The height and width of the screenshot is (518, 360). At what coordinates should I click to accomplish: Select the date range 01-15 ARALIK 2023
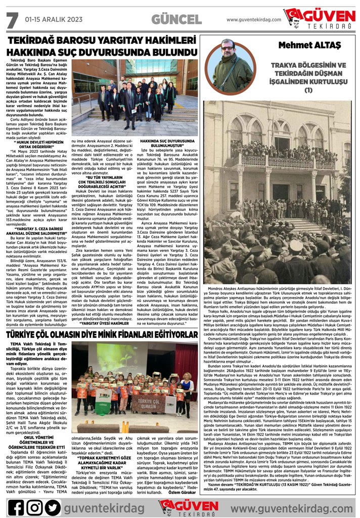(54, 19)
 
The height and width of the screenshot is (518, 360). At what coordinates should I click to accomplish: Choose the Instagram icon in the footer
(34, 507)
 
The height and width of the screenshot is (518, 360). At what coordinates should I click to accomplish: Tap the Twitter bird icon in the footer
(53, 507)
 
